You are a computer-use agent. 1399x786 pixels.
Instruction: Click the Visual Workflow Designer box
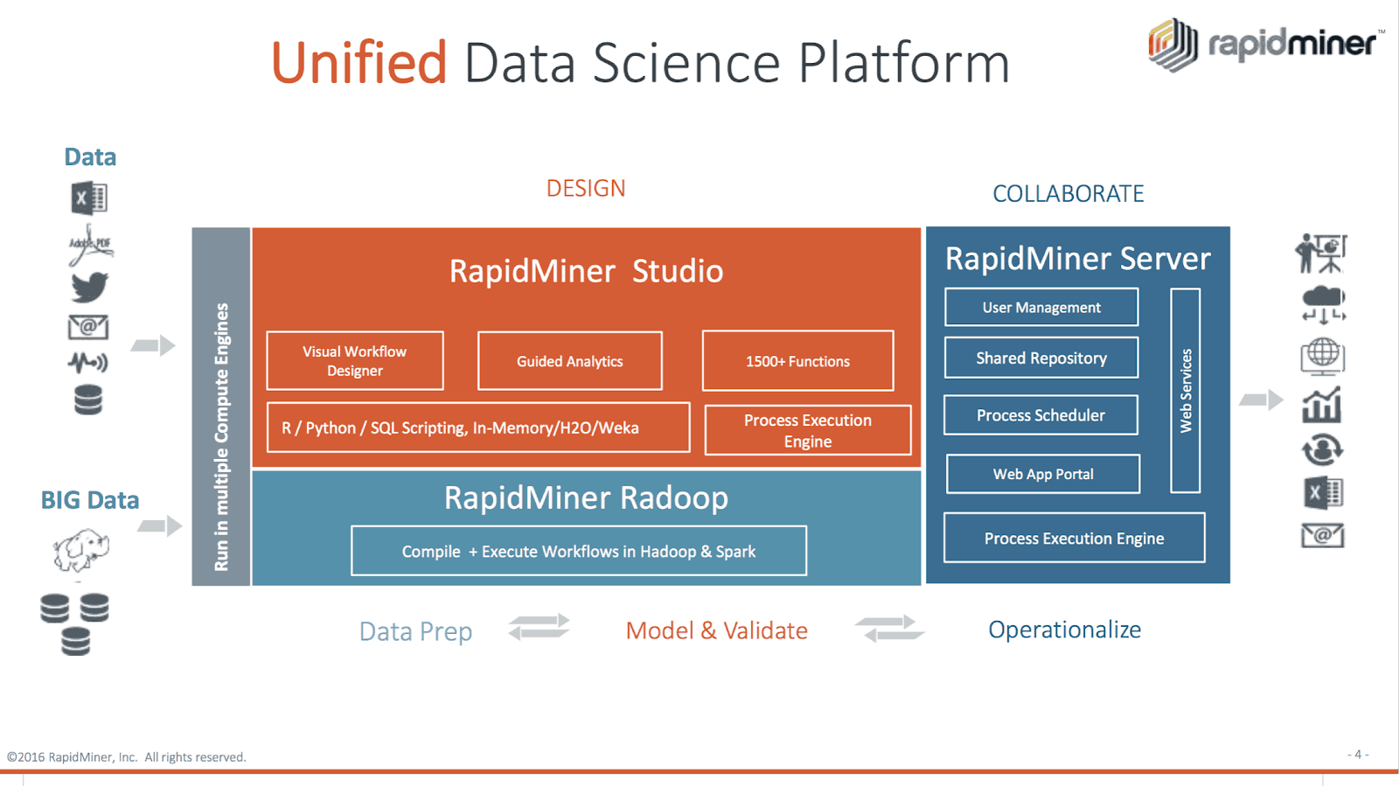click(355, 361)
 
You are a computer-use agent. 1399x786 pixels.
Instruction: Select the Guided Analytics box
click(570, 361)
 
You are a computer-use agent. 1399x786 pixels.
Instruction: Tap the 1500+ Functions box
click(797, 361)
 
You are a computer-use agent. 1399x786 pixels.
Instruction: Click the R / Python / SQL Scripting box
click(478, 428)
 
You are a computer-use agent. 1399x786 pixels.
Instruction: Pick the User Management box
click(1041, 307)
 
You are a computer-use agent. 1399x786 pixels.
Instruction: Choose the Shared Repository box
click(1041, 358)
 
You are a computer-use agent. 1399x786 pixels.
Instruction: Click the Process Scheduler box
click(1041, 415)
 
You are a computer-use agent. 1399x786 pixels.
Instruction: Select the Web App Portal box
click(1043, 474)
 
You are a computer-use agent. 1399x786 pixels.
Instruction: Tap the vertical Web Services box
click(1186, 391)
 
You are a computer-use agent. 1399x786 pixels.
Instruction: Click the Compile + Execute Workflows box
click(579, 551)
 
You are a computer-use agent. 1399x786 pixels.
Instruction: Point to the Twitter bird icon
click(89, 287)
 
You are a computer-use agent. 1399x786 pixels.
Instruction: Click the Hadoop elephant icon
click(80, 550)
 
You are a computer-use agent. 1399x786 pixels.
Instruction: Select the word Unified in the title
click(358, 63)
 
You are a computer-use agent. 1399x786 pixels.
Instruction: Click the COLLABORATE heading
click(1068, 193)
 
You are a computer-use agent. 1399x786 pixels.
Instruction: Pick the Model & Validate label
click(716, 630)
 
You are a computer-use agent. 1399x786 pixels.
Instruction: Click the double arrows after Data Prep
click(539, 627)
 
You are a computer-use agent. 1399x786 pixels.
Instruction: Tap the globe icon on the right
click(1322, 355)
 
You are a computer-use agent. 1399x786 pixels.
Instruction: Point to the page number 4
click(1358, 754)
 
